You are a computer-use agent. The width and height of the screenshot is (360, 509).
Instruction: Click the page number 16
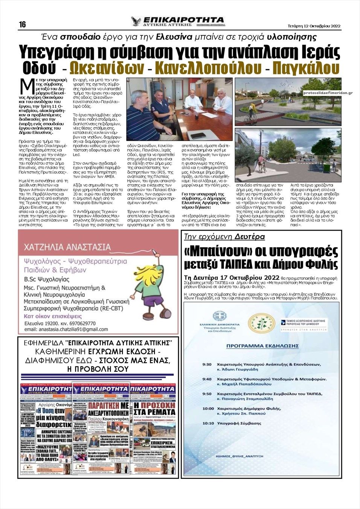(x=22, y=24)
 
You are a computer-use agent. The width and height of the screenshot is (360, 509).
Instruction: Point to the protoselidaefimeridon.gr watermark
(x=328, y=92)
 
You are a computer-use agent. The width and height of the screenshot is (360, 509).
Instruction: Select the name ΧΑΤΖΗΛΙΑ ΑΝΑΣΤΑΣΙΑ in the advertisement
(x=67, y=247)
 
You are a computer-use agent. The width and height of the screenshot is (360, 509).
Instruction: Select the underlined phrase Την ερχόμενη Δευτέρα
(x=224, y=237)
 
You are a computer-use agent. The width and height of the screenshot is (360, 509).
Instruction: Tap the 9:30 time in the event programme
(x=207, y=364)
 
